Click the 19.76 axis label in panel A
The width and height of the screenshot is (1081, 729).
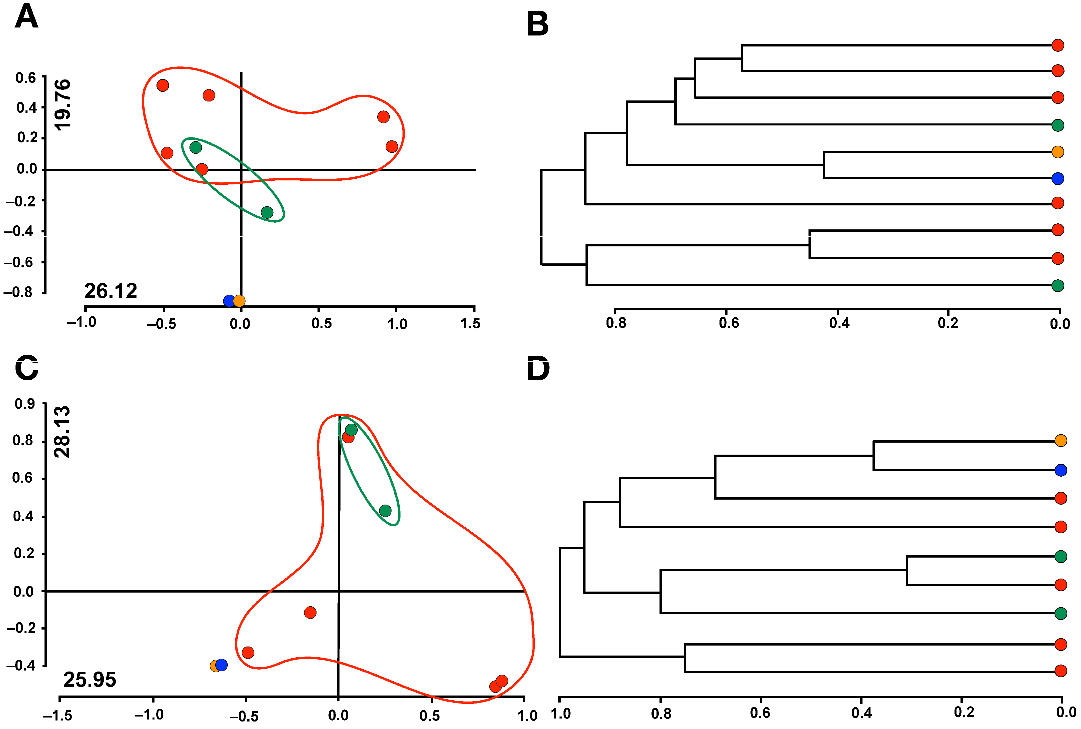point(62,105)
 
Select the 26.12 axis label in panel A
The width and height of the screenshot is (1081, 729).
point(111,291)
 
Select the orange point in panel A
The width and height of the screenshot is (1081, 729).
point(239,301)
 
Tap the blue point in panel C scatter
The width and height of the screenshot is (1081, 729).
point(221,665)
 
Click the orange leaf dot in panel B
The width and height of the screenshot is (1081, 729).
point(1058,151)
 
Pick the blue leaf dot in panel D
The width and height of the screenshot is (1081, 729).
point(1060,470)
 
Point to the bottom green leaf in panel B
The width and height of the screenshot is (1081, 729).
point(1058,285)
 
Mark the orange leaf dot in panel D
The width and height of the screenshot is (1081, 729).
point(1060,440)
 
